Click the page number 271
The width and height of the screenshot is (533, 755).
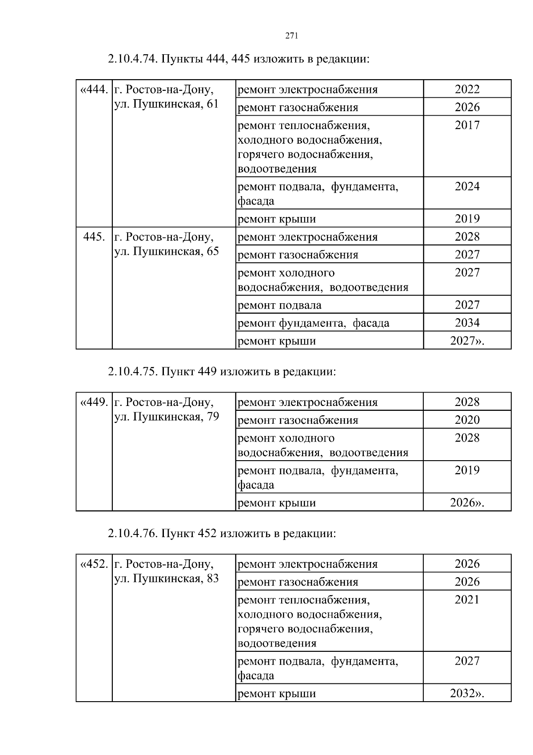(291, 36)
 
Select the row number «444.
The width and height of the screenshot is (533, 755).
(94, 90)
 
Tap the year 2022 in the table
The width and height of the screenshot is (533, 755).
(467, 89)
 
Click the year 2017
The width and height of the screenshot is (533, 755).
(467, 125)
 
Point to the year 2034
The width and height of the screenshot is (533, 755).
(467, 322)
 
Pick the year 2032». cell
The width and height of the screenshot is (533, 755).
(467, 693)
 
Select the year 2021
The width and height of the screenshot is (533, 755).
(467, 600)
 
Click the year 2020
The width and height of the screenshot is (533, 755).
(467, 420)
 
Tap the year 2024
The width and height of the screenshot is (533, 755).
(467, 187)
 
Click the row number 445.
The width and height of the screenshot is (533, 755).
(94, 237)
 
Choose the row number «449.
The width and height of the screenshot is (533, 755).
(94, 402)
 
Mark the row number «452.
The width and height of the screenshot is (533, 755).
(94, 564)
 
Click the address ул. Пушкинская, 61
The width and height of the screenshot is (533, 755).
(167, 104)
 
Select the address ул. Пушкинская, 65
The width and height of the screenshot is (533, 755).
(167, 252)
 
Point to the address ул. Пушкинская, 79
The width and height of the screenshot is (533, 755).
(167, 417)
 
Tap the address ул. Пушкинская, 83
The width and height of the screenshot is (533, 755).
(167, 579)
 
